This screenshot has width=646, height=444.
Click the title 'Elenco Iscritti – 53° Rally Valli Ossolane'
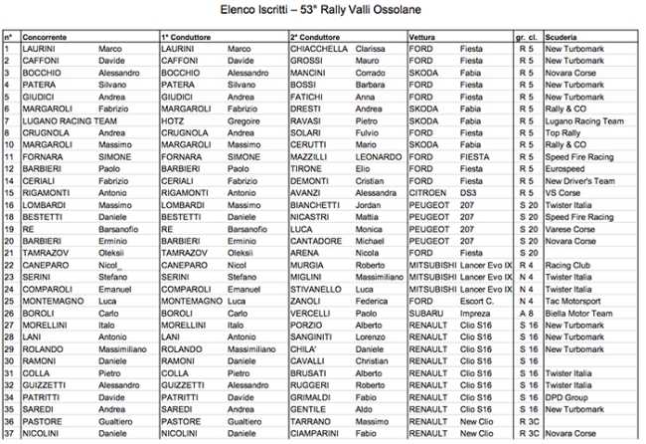click(323, 11)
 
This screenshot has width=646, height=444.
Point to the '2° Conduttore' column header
click(317, 36)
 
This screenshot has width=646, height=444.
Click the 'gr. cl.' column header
click(527, 36)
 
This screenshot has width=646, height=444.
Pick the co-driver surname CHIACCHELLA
click(319, 48)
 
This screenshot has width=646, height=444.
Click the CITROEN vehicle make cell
click(428, 192)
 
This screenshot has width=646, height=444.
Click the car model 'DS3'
click(467, 192)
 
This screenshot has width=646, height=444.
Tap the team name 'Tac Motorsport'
click(572, 300)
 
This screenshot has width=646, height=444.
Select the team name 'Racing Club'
click(568, 264)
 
